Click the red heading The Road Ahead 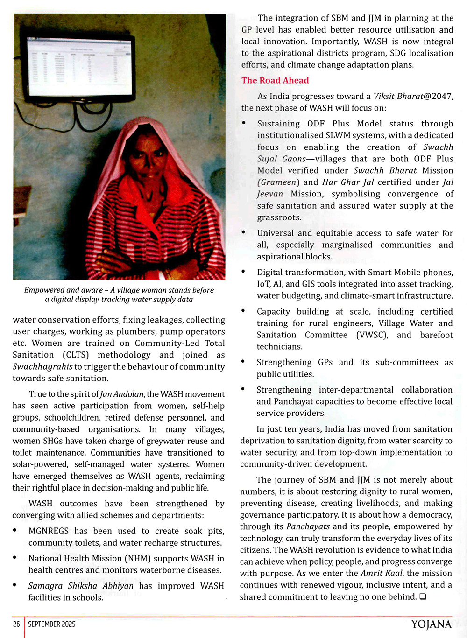click(x=275, y=80)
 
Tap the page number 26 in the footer click(x=16, y=624)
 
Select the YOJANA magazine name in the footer click(x=431, y=624)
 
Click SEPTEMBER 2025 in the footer click(x=51, y=624)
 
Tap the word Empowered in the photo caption click(x=44, y=290)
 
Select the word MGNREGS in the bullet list click(x=49, y=531)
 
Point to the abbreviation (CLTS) click(x=76, y=355)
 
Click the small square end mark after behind click(x=423, y=597)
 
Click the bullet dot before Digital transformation click(x=244, y=272)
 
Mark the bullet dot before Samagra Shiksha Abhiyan click(x=15, y=585)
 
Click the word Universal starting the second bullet click(x=275, y=233)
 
